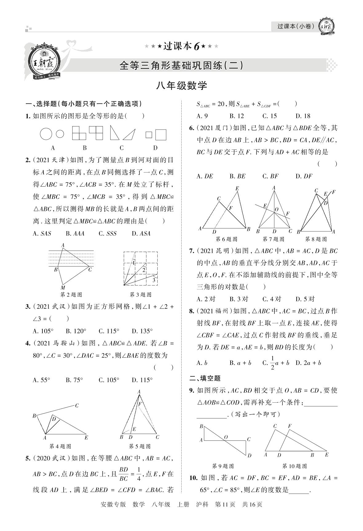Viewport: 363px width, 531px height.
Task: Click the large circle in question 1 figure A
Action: coord(46,134)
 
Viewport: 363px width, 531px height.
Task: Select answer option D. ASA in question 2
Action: coord(141,234)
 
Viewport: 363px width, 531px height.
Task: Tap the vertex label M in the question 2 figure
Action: coord(63,288)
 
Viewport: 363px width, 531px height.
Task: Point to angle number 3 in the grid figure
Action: coord(154,280)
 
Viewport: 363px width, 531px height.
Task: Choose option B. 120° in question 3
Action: coord(76,331)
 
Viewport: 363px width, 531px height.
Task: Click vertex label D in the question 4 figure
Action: coord(54,419)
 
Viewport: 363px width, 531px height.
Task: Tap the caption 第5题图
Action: coord(140,446)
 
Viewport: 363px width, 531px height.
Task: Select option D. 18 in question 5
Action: coord(303,116)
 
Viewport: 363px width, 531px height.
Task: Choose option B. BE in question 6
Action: coord(238,176)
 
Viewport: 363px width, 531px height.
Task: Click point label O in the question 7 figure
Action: coord(276,209)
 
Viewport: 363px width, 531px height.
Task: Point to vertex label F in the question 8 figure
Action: coord(333,192)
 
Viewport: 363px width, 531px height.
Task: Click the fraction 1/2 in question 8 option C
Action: coord(272,363)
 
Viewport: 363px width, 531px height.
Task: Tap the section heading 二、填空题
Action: coord(205,378)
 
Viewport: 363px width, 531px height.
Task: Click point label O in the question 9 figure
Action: coord(226,437)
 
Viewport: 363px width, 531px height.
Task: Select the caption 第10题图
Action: coord(294,466)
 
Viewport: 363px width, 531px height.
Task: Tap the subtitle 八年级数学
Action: coord(181,86)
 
